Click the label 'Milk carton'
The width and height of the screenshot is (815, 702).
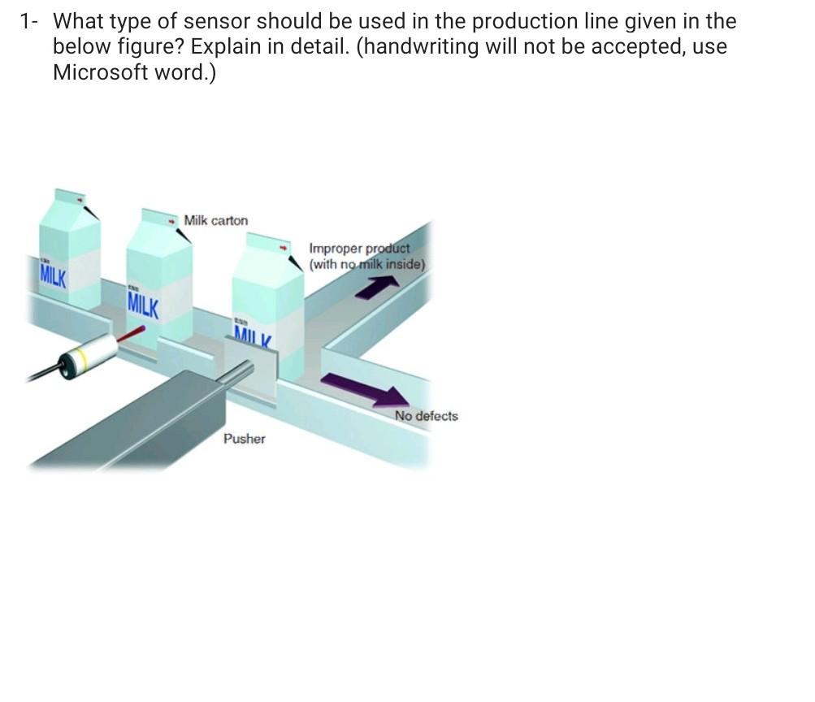coord(216,220)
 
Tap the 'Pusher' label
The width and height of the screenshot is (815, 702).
coord(244,439)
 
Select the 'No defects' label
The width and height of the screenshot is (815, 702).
coord(426,416)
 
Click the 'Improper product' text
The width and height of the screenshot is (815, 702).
coord(360,249)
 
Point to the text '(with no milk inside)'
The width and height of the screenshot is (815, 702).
coord(366,264)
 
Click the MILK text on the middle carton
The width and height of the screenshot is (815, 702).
coord(143,306)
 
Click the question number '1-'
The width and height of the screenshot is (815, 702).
coord(29,21)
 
